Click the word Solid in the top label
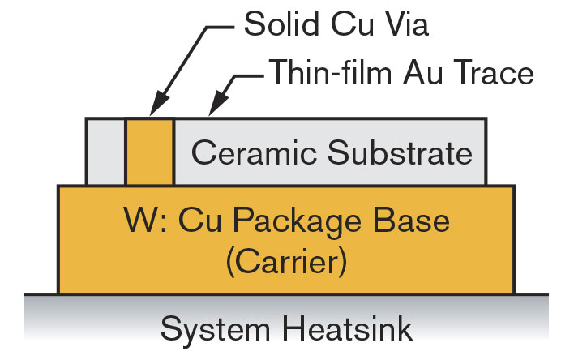pos(281,24)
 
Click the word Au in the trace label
pos(421,72)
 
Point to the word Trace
pos(490,72)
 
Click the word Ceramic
pos(254,152)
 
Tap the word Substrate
pos(400,152)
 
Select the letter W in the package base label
pos(141,220)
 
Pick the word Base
pos(411,220)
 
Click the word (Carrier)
pos(286,262)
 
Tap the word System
pos(216,330)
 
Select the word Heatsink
pos(348,328)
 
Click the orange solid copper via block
pos(150,152)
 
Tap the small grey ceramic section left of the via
pos(105,152)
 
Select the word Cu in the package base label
pos(200,220)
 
